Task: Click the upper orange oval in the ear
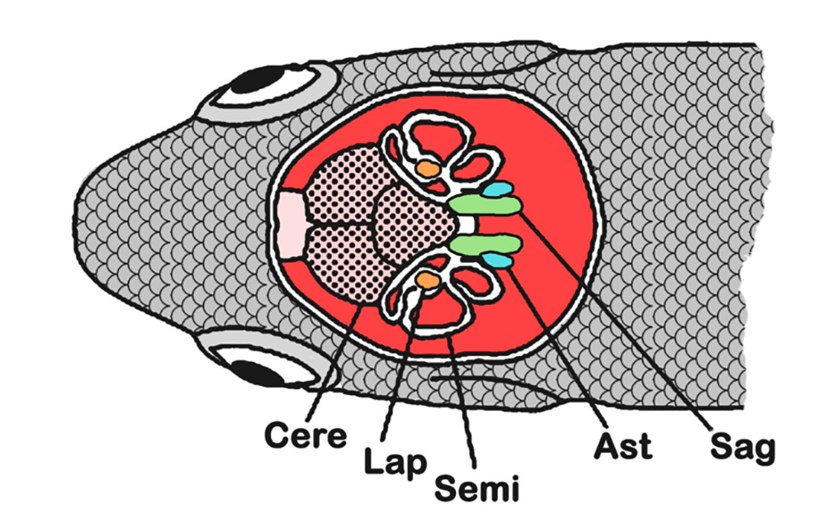click(427, 167)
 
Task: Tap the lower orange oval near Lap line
click(427, 280)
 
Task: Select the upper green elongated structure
click(486, 204)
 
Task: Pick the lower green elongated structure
click(486, 244)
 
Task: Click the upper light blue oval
click(498, 190)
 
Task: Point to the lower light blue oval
click(497, 259)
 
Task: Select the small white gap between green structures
click(468, 224)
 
